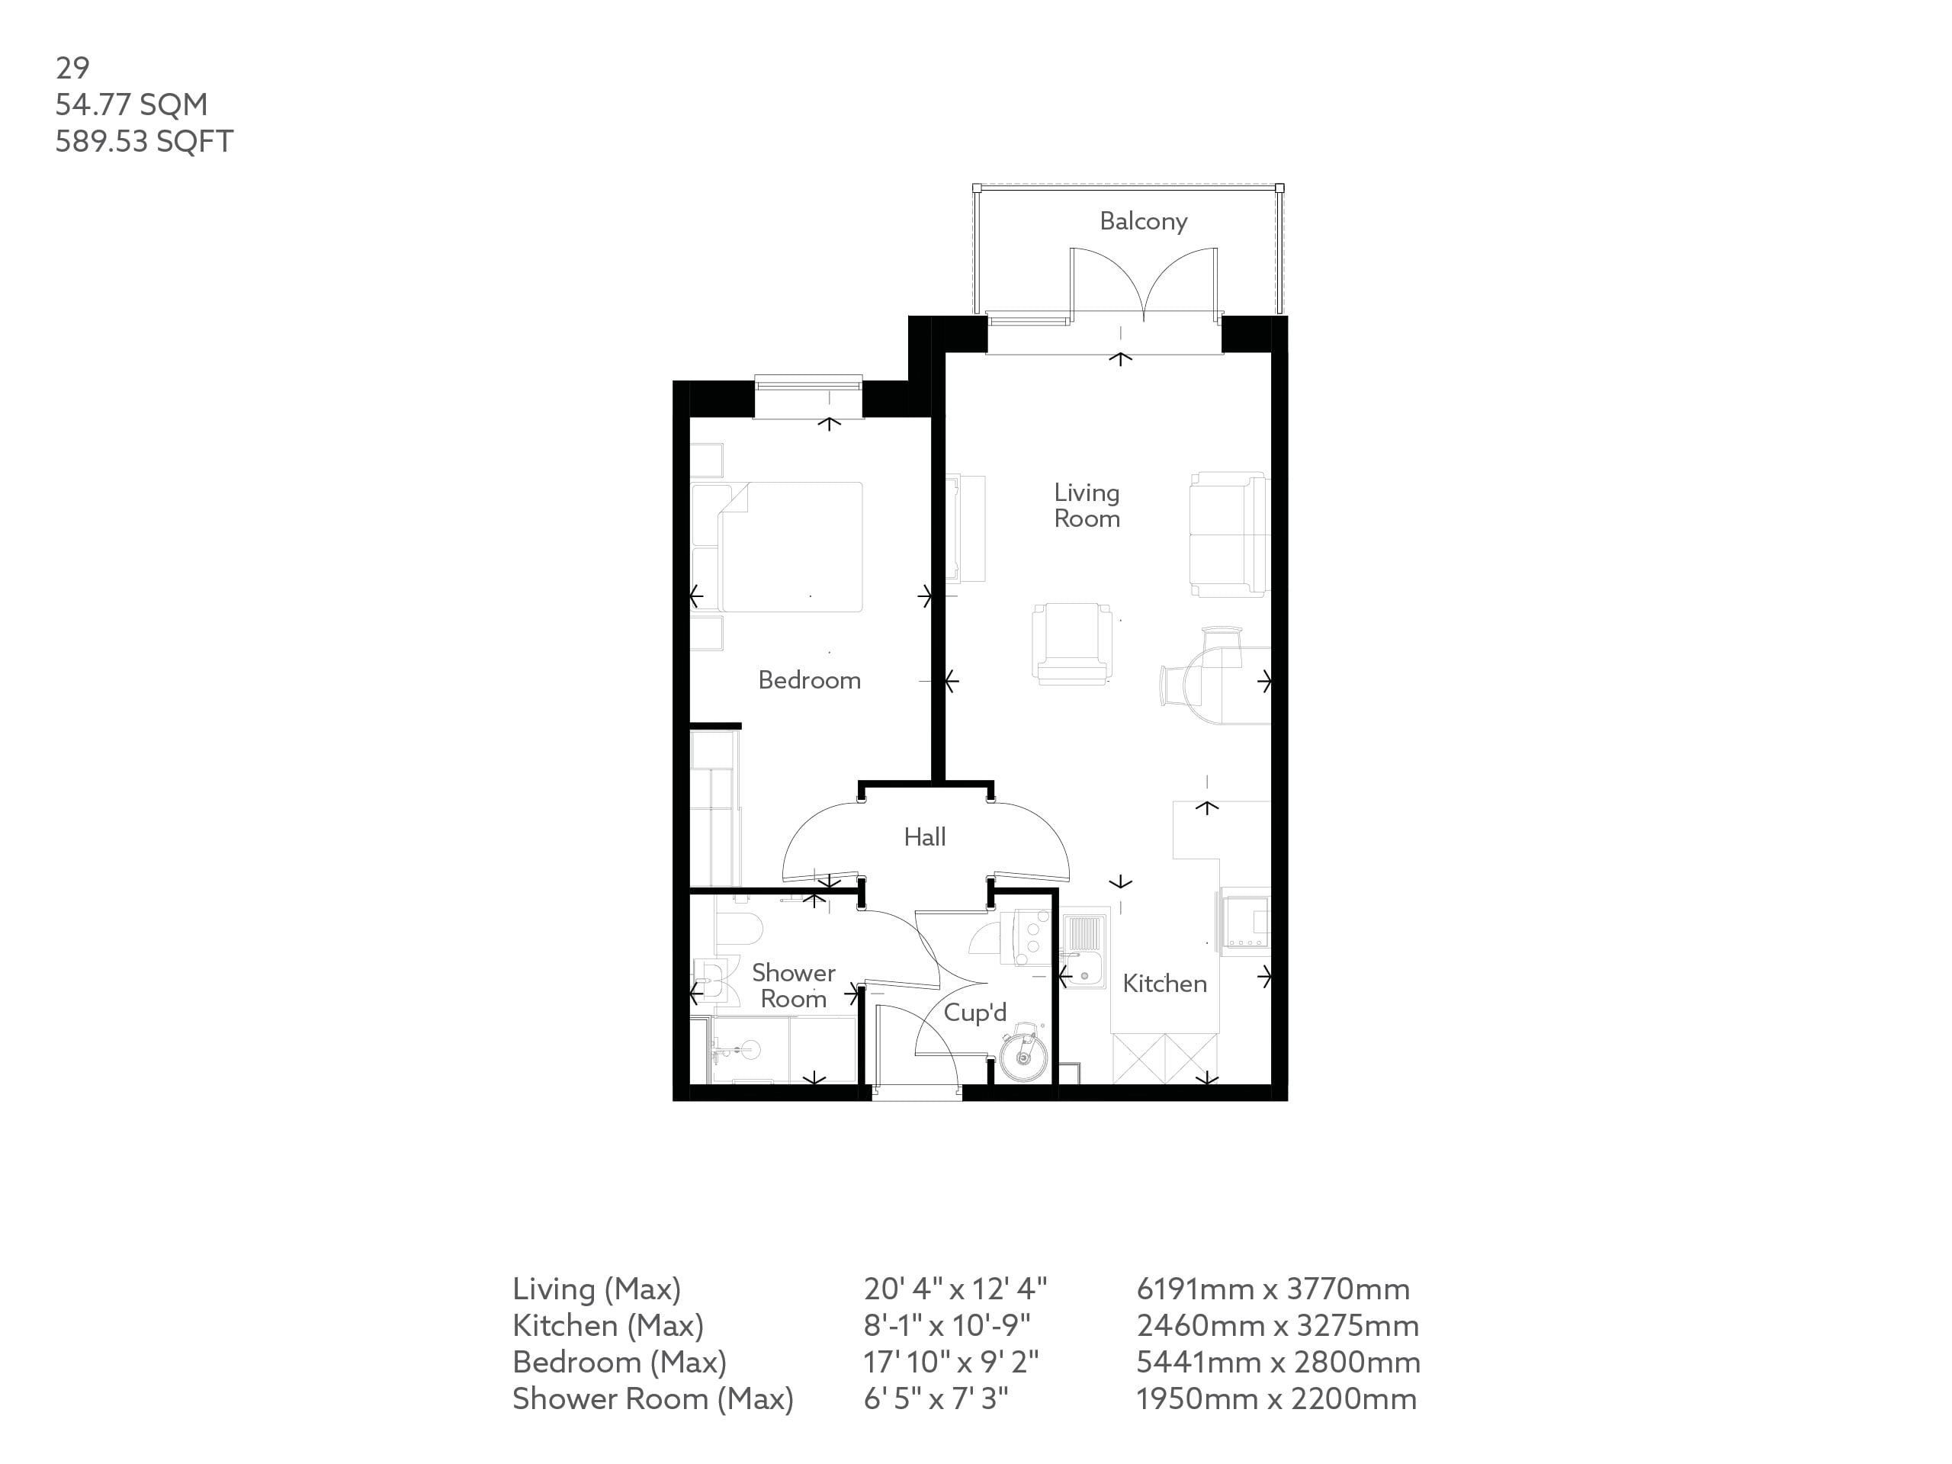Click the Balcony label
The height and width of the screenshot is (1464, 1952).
(1143, 221)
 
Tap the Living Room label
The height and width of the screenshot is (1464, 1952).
(1087, 506)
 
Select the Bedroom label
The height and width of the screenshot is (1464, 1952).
(809, 680)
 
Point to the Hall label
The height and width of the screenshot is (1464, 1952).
(924, 837)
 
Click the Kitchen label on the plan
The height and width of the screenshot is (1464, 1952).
(1164, 984)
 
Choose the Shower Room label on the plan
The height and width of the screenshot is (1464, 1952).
(793, 986)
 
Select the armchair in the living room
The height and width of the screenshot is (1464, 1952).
(1071, 644)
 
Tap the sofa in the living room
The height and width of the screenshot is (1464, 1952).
(1228, 535)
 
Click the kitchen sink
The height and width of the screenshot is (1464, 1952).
(1084, 953)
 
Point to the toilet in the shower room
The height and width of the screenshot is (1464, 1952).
(740, 929)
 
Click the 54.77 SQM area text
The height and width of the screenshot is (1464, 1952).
(131, 105)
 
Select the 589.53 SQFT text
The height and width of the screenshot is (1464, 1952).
(144, 142)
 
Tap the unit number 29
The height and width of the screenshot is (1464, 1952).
(72, 68)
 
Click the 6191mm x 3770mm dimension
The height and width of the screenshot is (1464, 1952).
(1273, 1289)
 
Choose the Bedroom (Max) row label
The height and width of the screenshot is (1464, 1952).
(618, 1363)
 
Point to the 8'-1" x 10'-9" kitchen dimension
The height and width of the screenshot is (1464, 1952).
(947, 1325)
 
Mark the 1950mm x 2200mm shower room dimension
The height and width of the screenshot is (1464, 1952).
(1276, 1398)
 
